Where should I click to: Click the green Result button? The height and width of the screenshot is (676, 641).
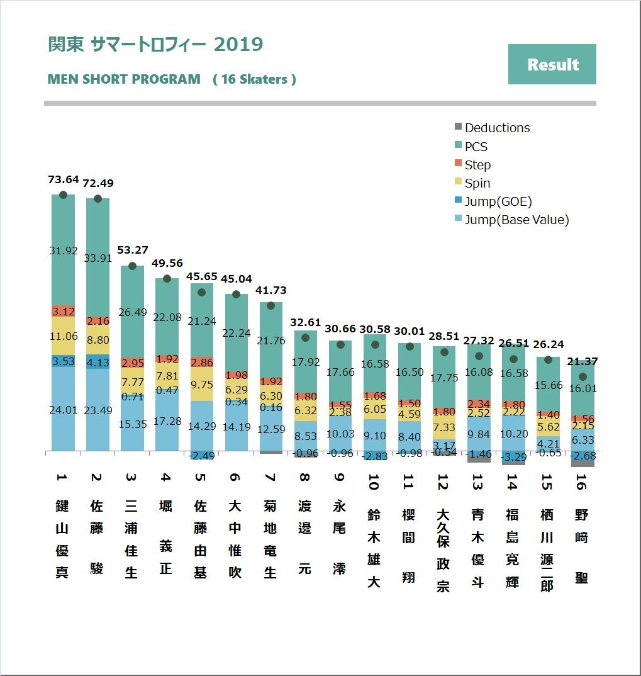(552, 64)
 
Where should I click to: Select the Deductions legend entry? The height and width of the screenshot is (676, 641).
(497, 128)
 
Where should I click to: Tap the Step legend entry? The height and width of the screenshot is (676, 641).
(477, 165)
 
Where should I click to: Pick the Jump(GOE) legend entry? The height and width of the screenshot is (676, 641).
(498, 201)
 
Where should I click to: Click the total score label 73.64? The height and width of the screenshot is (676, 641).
(64, 180)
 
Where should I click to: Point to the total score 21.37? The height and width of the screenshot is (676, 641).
(582, 361)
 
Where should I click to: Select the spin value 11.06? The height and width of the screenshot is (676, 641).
(64, 336)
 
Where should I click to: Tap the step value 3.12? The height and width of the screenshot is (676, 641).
(64, 312)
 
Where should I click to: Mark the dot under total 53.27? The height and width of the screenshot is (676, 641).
(133, 266)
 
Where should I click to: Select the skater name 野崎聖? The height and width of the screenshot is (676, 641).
(582, 546)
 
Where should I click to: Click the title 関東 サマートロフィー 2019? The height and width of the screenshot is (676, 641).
(155, 45)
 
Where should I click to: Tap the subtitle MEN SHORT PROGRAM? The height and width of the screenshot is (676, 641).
(124, 80)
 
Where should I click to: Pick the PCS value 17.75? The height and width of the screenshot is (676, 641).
(445, 378)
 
